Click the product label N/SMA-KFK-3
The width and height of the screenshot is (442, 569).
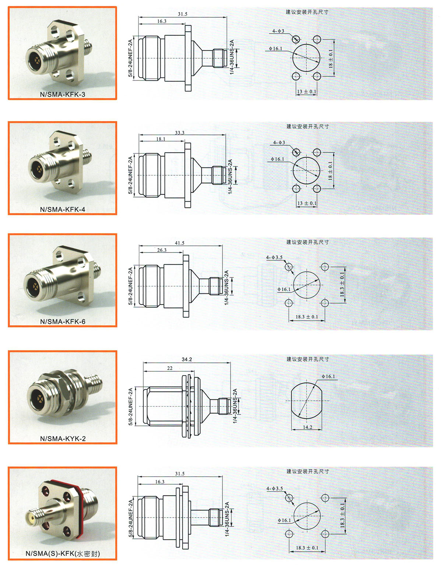point(63,94)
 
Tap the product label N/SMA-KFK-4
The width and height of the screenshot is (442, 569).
point(63,209)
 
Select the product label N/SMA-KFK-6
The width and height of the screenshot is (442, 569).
point(63,321)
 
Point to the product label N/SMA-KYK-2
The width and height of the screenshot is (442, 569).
point(63,438)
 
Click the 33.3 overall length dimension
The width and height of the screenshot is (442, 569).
point(179,133)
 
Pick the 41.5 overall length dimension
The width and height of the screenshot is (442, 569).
point(179,243)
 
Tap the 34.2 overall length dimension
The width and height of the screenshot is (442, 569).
point(187,360)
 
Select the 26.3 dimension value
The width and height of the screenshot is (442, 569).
point(162,250)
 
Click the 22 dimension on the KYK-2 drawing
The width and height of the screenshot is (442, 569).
point(170,368)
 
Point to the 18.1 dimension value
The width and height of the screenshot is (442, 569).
point(161,139)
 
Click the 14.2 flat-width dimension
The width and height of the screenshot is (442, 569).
point(308,427)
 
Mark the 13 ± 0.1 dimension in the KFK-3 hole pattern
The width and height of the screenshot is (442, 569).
point(306,92)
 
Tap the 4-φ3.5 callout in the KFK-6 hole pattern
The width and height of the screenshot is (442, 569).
point(274,257)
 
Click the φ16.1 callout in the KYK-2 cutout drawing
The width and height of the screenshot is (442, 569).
point(328,376)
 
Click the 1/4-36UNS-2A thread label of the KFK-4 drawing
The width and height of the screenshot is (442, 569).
point(230,177)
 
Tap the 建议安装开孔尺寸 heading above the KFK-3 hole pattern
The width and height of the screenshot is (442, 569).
point(307,12)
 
